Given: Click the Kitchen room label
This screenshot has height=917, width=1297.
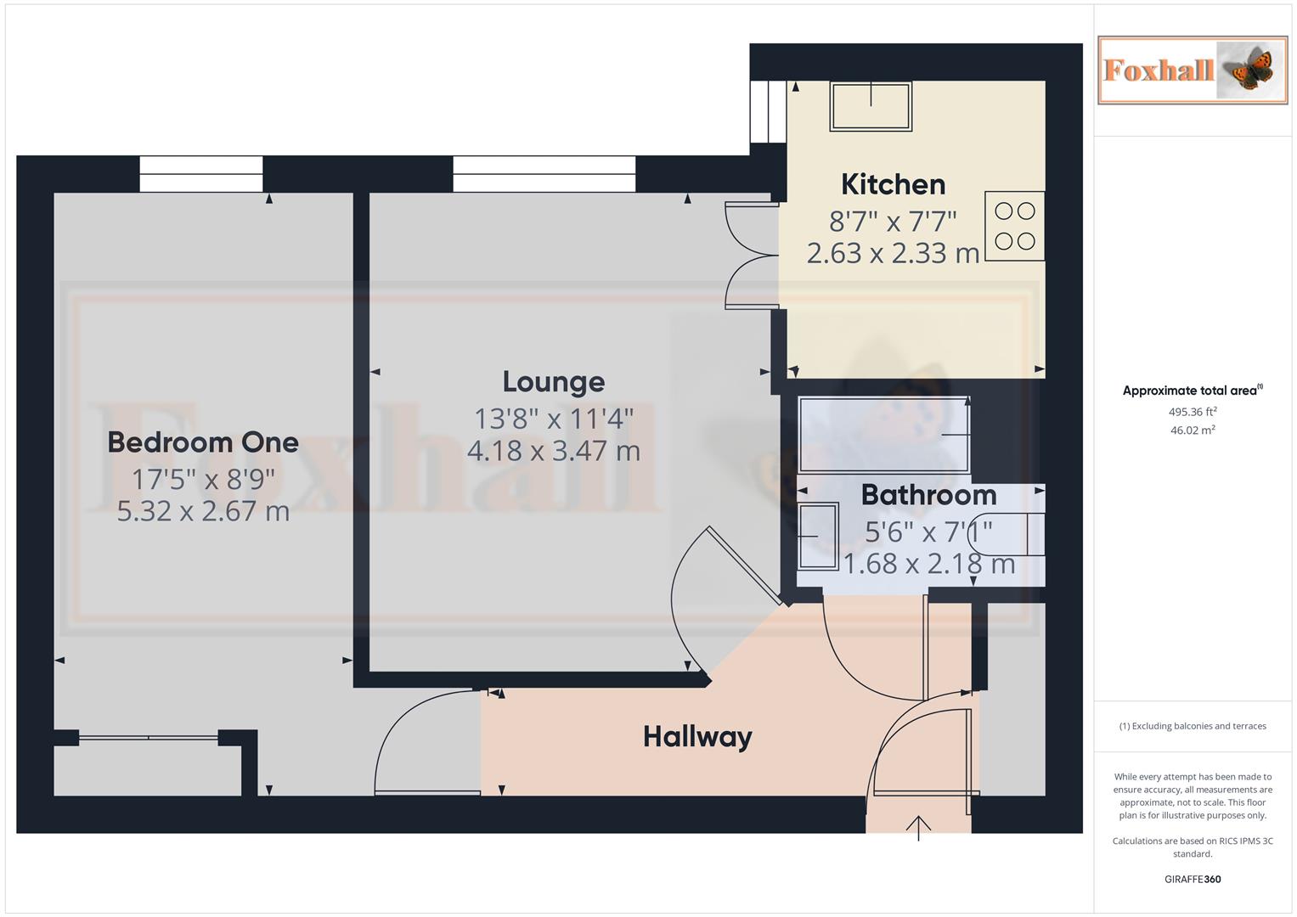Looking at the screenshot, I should tap(893, 184).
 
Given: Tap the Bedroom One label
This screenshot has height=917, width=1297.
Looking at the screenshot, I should tap(203, 442).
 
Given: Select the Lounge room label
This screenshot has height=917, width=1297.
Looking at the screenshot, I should tap(553, 382).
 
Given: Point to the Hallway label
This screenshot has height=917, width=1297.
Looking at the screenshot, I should tap(697, 736).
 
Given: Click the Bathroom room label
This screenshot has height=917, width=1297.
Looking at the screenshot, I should tap(928, 495).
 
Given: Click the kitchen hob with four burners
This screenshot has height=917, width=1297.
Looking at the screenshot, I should tap(1014, 226).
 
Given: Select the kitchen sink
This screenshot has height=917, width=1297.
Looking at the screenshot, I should tap(871, 106).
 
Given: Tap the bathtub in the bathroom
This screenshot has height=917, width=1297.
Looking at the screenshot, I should tap(883, 434).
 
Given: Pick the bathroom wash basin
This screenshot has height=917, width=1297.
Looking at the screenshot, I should tap(818, 536).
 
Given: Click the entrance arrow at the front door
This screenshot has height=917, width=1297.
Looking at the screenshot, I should tap(918, 826).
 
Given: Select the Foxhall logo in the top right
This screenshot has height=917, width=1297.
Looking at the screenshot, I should tap(1192, 70).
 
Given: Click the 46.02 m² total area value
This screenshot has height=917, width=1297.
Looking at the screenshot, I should tap(1193, 430).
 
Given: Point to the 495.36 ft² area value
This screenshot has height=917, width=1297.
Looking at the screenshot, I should tap(1193, 412).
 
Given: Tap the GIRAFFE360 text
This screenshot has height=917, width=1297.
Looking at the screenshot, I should tap(1193, 879).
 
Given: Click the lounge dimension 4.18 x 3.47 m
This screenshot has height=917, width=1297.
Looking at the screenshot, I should tap(553, 451).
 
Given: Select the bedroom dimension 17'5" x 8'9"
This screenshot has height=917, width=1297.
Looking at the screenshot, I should tap(203, 480).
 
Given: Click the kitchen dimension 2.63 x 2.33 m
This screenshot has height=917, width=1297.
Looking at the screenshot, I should tap(893, 253).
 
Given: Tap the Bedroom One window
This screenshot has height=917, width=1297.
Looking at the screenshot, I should tap(201, 174).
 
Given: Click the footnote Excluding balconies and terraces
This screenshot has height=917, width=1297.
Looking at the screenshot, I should tap(1193, 726).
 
